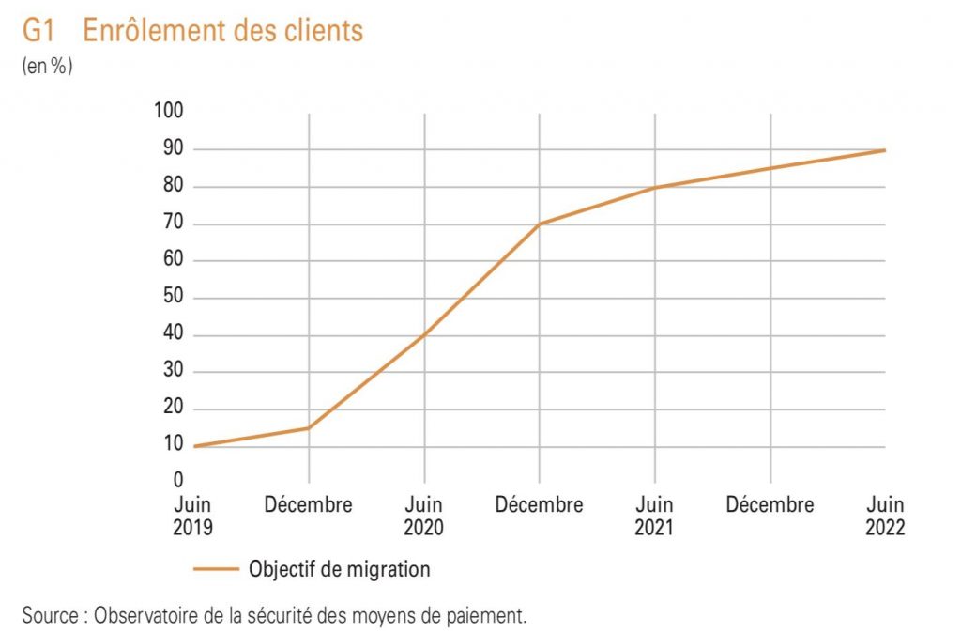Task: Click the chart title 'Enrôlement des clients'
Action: click(222, 31)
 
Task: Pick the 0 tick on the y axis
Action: click(177, 482)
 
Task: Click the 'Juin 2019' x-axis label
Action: click(193, 516)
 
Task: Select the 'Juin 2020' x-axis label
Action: click(424, 516)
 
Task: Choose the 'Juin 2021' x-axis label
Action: click(654, 516)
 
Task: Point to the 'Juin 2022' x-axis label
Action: click(885, 516)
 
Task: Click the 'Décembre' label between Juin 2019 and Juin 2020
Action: click(309, 505)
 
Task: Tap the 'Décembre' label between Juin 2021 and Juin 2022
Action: click(770, 505)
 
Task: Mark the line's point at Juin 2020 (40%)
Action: click(424, 335)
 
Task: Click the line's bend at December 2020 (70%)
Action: click(540, 224)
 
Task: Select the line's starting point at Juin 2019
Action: click(194, 446)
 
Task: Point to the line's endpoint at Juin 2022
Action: click(885, 150)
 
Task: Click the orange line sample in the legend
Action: click(216, 569)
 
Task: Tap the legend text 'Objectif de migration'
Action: click(340, 569)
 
